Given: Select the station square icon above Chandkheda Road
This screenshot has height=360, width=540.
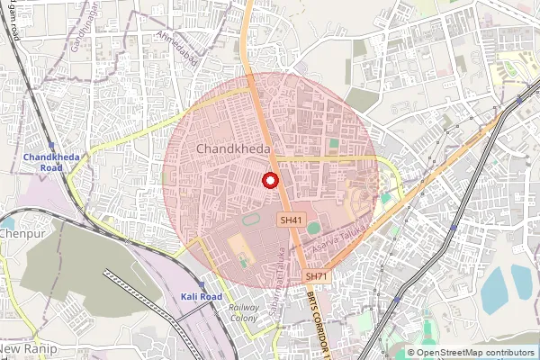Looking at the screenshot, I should (50, 145).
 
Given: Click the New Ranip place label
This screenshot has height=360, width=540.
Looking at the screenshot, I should (28, 348).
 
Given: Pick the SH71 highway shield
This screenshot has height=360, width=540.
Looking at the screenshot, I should (314, 275).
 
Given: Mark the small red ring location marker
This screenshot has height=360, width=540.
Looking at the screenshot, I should (269, 180).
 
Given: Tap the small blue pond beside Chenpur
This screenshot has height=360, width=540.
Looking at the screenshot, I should (6, 220).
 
